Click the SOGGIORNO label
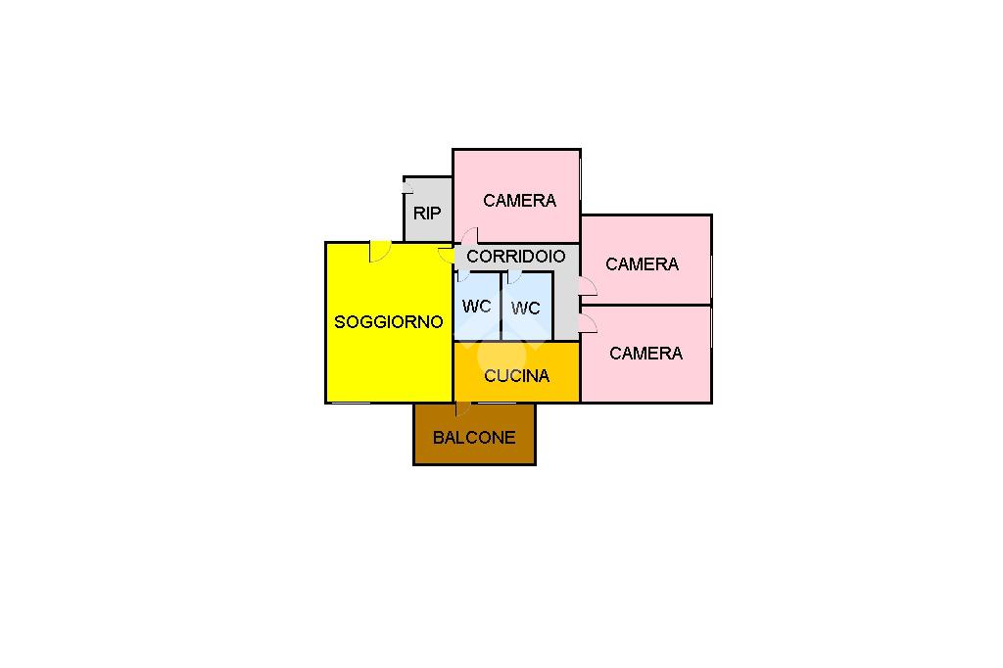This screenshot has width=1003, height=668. tap(388, 322)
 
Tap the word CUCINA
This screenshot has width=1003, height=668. tap(517, 375)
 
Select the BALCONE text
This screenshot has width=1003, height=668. tap(474, 438)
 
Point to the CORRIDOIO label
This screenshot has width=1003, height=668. tap(516, 257)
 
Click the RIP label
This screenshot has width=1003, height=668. tap(427, 214)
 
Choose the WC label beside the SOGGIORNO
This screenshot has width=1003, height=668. tap(477, 307)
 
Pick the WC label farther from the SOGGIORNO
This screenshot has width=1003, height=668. tap(526, 309)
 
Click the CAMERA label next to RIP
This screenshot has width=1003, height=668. tap(519, 201)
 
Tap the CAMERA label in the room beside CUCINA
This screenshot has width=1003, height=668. tap(646, 354)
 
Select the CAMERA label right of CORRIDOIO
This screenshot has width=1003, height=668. tap(643, 264)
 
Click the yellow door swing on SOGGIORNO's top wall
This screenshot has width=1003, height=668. tap(379, 251)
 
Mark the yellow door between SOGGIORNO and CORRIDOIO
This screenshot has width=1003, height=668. tap(447, 254)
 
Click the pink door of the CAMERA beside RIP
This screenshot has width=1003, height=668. tap(469, 235)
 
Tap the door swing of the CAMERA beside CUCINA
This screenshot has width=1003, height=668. tap(588, 324)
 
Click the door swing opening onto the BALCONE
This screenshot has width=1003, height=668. tap(463, 408)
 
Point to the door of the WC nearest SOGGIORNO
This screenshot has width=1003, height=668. tap(463, 276)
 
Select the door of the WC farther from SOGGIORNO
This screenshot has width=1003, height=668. tap(514, 277)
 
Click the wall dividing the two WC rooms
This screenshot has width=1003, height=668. tap(501, 307)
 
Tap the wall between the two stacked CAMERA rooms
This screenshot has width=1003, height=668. tap(646, 306)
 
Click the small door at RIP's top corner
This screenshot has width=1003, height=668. tap(408, 185)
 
